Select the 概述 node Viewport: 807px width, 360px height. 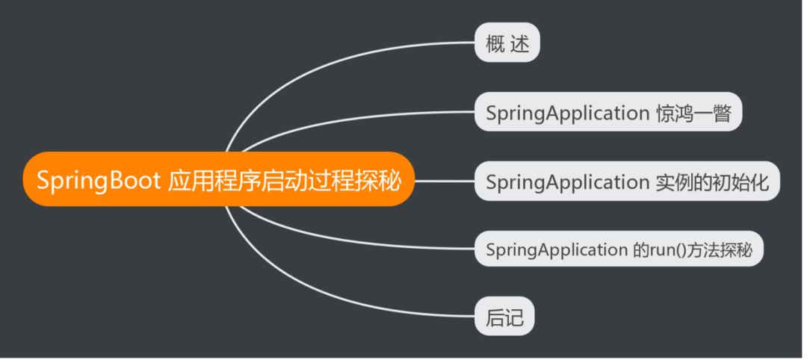pyautogui.click(x=507, y=44)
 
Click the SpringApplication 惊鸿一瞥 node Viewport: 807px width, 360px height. pyautogui.click(x=608, y=114)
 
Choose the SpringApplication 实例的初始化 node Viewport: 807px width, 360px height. pyautogui.click(x=627, y=181)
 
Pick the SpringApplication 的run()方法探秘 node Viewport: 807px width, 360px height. pyautogui.click(x=619, y=249)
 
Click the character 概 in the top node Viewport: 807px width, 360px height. pyautogui.click(x=495, y=44)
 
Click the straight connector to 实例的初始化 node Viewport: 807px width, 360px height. pyautogui.click(x=445, y=180)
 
